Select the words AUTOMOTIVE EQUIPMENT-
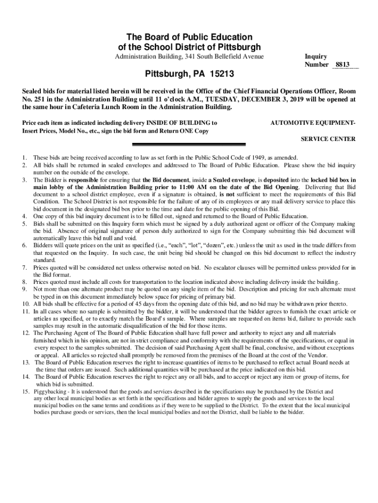(313, 122)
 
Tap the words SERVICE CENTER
(328, 139)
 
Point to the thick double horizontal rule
(189, 144)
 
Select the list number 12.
(26, 333)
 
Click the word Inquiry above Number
(316, 57)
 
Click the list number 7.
(24, 268)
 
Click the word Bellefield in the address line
(230, 57)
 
